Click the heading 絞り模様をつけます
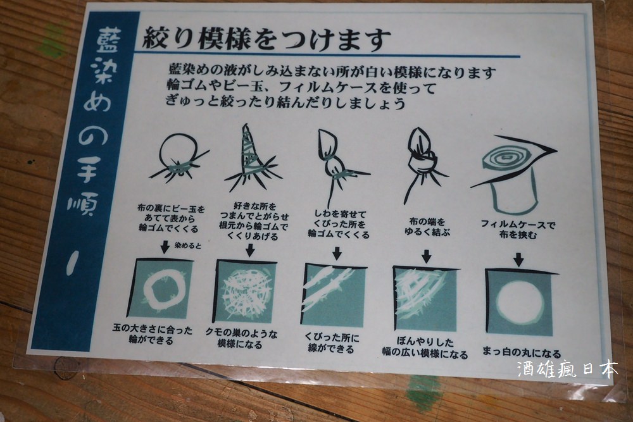(x=266, y=39)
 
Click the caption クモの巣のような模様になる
(x=241, y=338)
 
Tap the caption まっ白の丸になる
(x=522, y=353)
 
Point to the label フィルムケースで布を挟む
(x=518, y=229)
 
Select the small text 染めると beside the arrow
(x=188, y=245)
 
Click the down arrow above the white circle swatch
(x=519, y=259)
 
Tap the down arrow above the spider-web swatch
(x=250, y=250)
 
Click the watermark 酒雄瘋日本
(x=567, y=369)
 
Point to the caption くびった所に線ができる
(x=332, y=343)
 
